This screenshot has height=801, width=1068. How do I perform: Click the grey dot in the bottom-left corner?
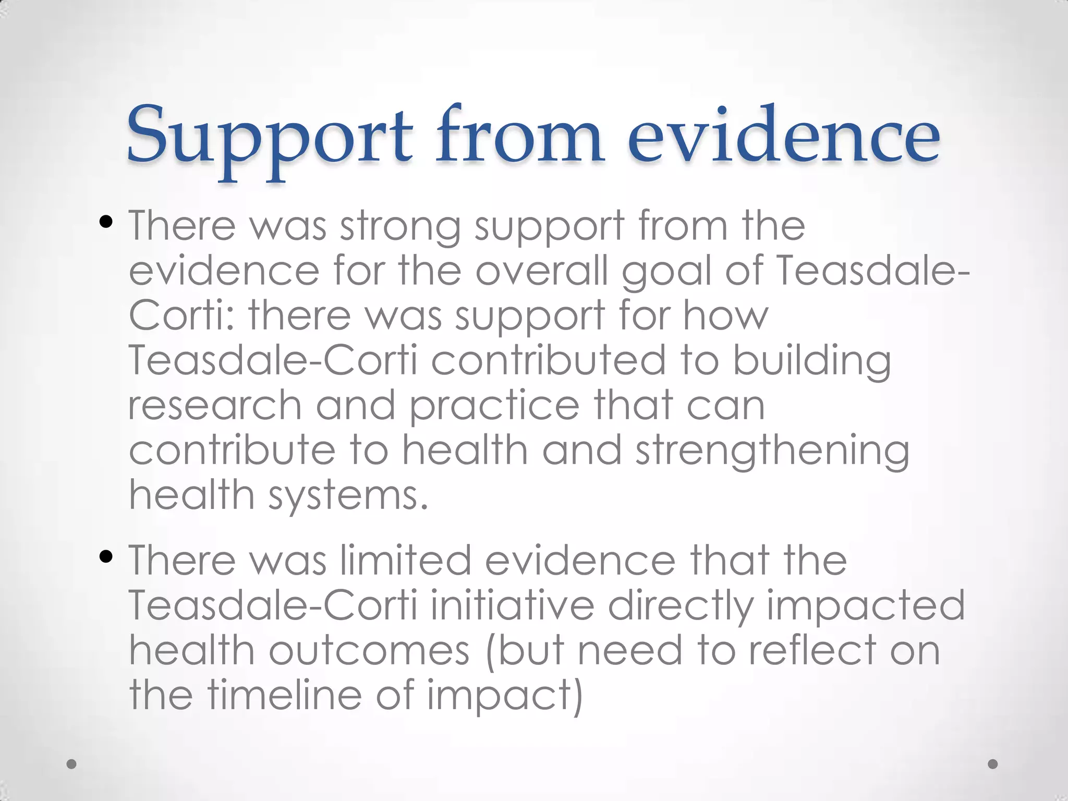click(x=72, y=764)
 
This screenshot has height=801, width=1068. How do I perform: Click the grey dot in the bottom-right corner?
click(x=993, y=764)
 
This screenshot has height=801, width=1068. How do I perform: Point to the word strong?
click(x=400, y=227)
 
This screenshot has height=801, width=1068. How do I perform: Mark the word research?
click(x=215, y=406)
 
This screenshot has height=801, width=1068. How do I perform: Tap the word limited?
click(x=406, y=560)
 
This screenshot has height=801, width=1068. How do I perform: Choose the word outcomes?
click(x=369, y=651)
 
